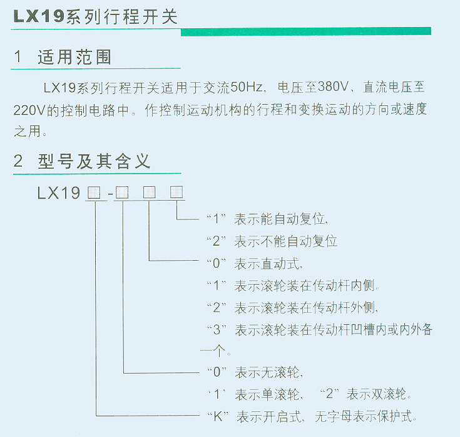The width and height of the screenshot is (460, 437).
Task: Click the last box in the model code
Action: (x=176, y=192)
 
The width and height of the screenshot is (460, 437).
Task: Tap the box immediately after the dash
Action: (x=123, y=193)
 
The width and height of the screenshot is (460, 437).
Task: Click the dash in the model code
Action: (x=110, y=194)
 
